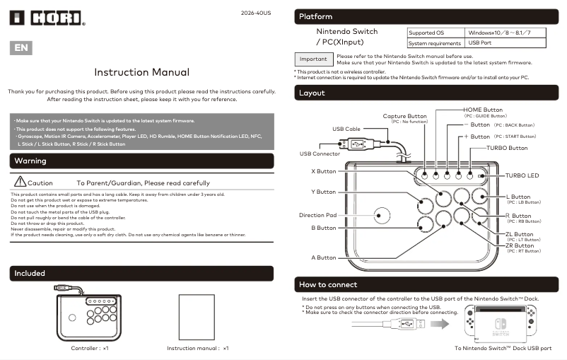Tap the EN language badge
[21, 48]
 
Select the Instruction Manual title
[141, 72]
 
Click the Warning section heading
[31, 161]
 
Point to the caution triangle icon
[20, 182]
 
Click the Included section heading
[30, 273]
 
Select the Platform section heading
[315, 16]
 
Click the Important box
[313, 59]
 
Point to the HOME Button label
[483, 110]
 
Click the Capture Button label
[405, 116]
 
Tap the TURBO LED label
[522, 175]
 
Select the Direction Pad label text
[317, 215]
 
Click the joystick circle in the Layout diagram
[382, 214]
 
